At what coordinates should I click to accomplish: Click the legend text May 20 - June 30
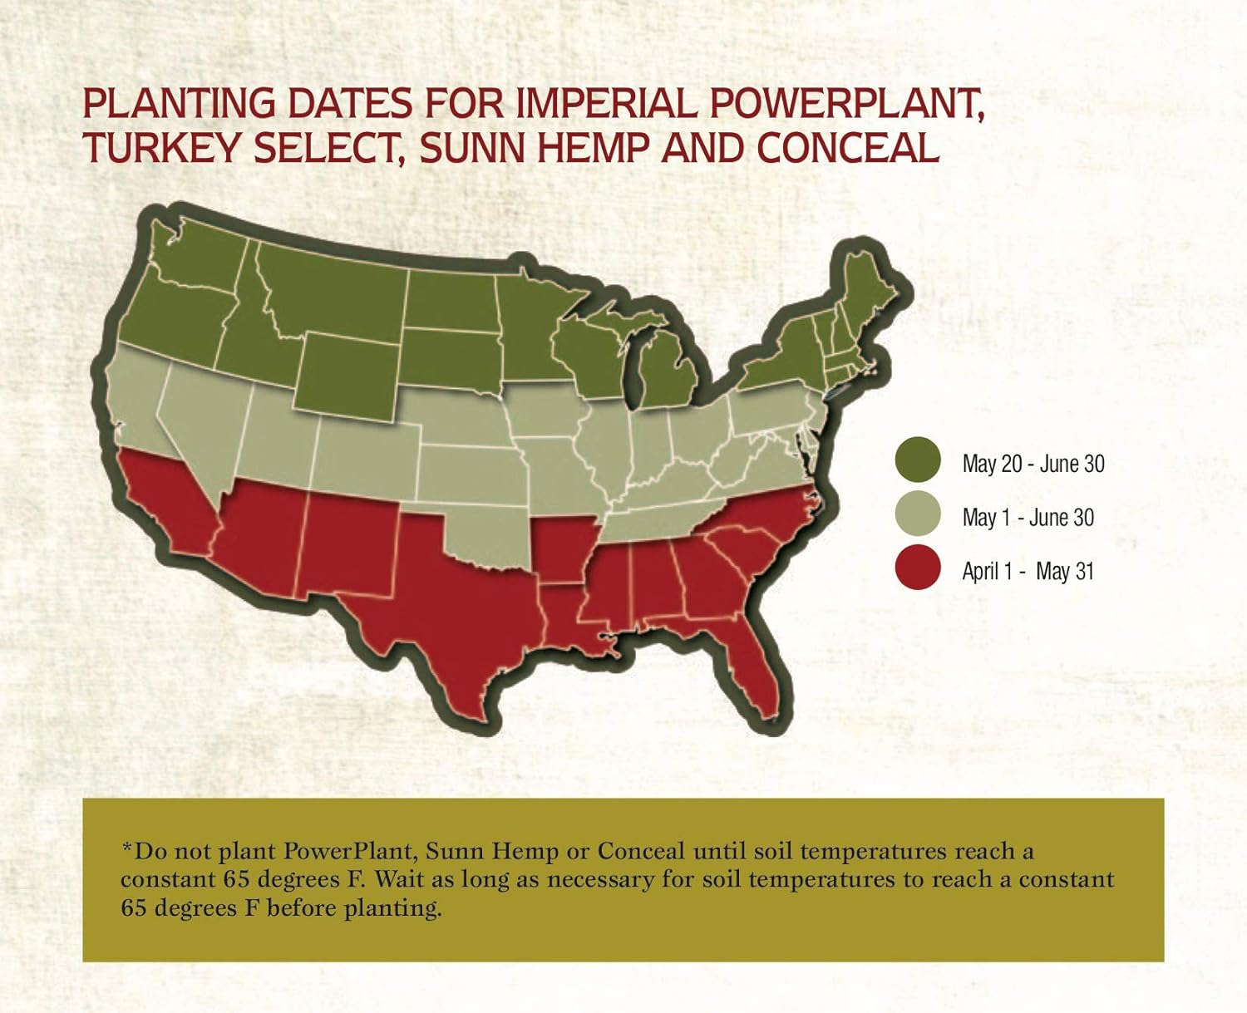click(x=1033, y=464)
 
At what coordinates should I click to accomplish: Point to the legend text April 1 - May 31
click(x=1028, y=572)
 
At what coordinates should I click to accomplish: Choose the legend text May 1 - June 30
click(x=1028, y=518)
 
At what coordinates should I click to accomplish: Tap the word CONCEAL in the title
click(x=848, y=149)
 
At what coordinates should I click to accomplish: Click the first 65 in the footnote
click(x=237, y=879)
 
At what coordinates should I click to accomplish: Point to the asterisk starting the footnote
click(x=126, y=849)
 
